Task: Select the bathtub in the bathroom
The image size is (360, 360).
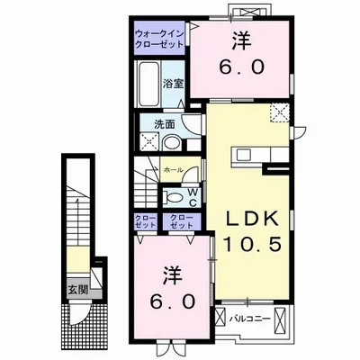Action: pos(149,83)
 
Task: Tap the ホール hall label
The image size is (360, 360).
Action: pos(173,168)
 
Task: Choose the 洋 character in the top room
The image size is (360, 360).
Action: pos(241,40)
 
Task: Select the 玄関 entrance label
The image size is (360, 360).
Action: pos(76,291)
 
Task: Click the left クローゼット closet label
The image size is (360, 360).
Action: pos(146,221)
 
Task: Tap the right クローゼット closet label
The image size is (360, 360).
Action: pos(180,221)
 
